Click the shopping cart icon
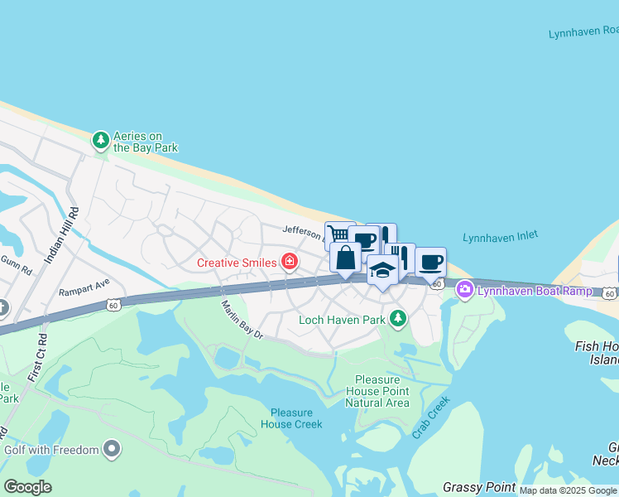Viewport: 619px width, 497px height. [x=335, y=233]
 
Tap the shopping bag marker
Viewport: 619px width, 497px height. [x=345, y=258]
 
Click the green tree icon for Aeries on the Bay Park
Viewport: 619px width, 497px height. [x=101, y=141]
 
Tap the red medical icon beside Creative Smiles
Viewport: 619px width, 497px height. [x=290, y=263]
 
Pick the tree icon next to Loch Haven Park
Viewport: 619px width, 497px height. [x=399, y=319]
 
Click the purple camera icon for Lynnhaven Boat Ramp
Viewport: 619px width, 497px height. [x=465, y=290]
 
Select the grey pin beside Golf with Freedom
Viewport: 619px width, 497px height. [x=112, y=450]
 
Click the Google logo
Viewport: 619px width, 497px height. [x=27, y=487]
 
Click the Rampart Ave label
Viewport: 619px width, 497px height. [x=84, y=292]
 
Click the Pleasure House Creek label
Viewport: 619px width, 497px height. [x=296, y=418]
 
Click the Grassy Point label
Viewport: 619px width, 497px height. [x=479, y=487]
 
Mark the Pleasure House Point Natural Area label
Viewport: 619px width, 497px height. [x=377, y=391]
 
